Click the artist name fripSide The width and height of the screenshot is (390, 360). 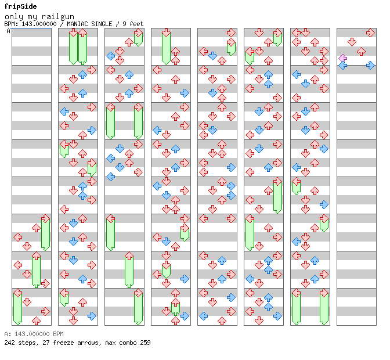21,6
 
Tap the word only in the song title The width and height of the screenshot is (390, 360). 14,17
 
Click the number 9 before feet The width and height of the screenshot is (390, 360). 124,24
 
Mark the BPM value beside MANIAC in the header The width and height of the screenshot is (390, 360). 39,24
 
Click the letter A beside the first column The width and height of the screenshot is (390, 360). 8,31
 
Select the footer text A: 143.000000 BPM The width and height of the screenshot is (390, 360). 34,334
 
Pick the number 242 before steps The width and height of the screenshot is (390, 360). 9,343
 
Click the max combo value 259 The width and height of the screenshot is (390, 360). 145,343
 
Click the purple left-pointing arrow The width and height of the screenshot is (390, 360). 343,58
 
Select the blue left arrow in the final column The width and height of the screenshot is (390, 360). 343,66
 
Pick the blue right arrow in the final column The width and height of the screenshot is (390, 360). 370,66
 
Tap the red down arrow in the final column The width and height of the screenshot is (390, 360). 352,42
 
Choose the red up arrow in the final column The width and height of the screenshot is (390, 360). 361,52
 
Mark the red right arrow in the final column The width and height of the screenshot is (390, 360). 370,33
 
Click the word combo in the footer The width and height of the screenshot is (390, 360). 128,343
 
